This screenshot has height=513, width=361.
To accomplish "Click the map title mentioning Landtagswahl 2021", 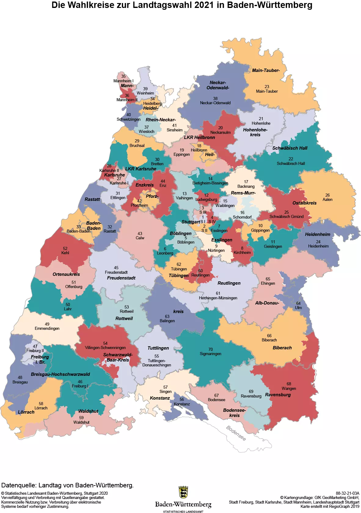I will click(182, 5).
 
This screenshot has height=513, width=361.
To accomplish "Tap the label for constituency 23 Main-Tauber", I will click(267, 89).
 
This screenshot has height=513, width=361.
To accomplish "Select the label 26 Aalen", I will click(327, 197).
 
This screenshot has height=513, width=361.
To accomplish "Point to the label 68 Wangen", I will click(289, 386).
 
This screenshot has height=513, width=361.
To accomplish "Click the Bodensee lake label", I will click(236, 433).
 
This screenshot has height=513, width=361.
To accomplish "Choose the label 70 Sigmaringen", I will click(210, 351).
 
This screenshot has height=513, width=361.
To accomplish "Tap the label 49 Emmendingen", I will click(47, 326).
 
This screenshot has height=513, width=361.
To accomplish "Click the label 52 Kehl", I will click(65, 251).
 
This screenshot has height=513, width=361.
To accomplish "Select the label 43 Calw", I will click(140, 236).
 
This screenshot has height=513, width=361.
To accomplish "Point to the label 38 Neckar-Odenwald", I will click(215, 101).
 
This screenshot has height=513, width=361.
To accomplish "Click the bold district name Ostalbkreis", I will click(304, 203).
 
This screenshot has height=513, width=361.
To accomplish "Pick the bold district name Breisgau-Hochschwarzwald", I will click(60, 374).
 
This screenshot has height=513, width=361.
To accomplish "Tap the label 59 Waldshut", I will click(81, 420).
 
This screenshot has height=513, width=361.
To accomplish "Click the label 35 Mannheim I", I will click(123, 79).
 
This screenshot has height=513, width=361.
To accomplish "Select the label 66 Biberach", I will click(269, 338).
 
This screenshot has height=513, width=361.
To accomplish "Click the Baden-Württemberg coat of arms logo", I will click(183, 492).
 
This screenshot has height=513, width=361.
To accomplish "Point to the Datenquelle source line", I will click(67, 485).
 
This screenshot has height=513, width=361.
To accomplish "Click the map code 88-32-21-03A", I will click(347, 493).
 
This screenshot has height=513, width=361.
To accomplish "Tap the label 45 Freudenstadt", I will click(116, 270).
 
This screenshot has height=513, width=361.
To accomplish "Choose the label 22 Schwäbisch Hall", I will click(291, 161).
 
